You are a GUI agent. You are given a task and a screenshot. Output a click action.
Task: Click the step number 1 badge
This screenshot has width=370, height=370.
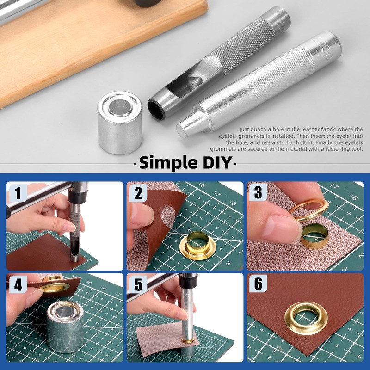click(17, 193)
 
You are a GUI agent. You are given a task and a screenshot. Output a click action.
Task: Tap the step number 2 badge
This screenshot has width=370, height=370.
click(138, 193)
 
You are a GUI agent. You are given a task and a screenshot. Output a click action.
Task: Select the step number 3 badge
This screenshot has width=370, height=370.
click(258, 192)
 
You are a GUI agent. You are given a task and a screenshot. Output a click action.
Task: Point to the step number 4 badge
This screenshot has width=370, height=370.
click(18, 284)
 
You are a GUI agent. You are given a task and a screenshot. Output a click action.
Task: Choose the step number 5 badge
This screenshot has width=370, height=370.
click(138, 284)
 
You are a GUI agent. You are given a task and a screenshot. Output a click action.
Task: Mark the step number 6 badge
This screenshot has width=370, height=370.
click(258, 284)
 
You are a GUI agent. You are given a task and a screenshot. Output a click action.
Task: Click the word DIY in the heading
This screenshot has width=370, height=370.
click(217, 163)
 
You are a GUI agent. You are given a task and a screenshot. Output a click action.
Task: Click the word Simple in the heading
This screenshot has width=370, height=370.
click(168, 163)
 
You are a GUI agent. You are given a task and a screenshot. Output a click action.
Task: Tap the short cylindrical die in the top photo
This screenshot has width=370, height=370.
click(120, 123)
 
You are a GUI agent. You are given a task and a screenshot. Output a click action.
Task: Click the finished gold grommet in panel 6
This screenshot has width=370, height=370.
click(306, 318)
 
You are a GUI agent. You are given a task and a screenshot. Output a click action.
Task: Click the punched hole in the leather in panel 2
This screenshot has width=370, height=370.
click(168, 216)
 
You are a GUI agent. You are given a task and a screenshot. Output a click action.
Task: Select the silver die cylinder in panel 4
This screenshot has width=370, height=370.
click(65, 327)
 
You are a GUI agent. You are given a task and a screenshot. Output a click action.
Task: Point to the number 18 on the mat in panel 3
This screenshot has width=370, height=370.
click(352, 197)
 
